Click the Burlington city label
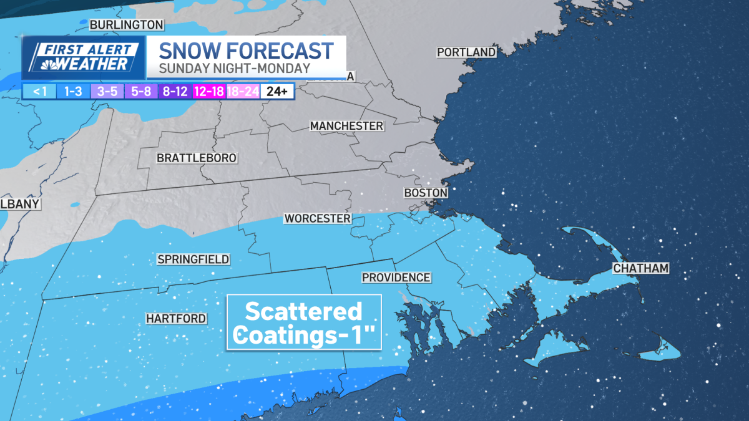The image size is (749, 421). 127,25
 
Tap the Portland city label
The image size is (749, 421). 466,52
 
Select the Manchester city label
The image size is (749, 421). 346,126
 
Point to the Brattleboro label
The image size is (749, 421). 196,158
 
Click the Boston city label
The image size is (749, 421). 426,193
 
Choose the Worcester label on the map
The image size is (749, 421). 317,219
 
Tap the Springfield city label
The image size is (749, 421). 193,259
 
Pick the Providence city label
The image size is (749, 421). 396,278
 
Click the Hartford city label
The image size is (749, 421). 176,319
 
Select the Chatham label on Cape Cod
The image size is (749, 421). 640,269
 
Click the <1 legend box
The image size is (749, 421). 39,91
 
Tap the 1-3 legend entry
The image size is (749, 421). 73,91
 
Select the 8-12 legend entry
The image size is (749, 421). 175,91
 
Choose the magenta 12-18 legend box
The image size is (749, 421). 208,91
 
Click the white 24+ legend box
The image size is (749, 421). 277,91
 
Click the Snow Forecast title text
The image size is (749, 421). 246,50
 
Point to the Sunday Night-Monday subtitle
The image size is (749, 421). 234,68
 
